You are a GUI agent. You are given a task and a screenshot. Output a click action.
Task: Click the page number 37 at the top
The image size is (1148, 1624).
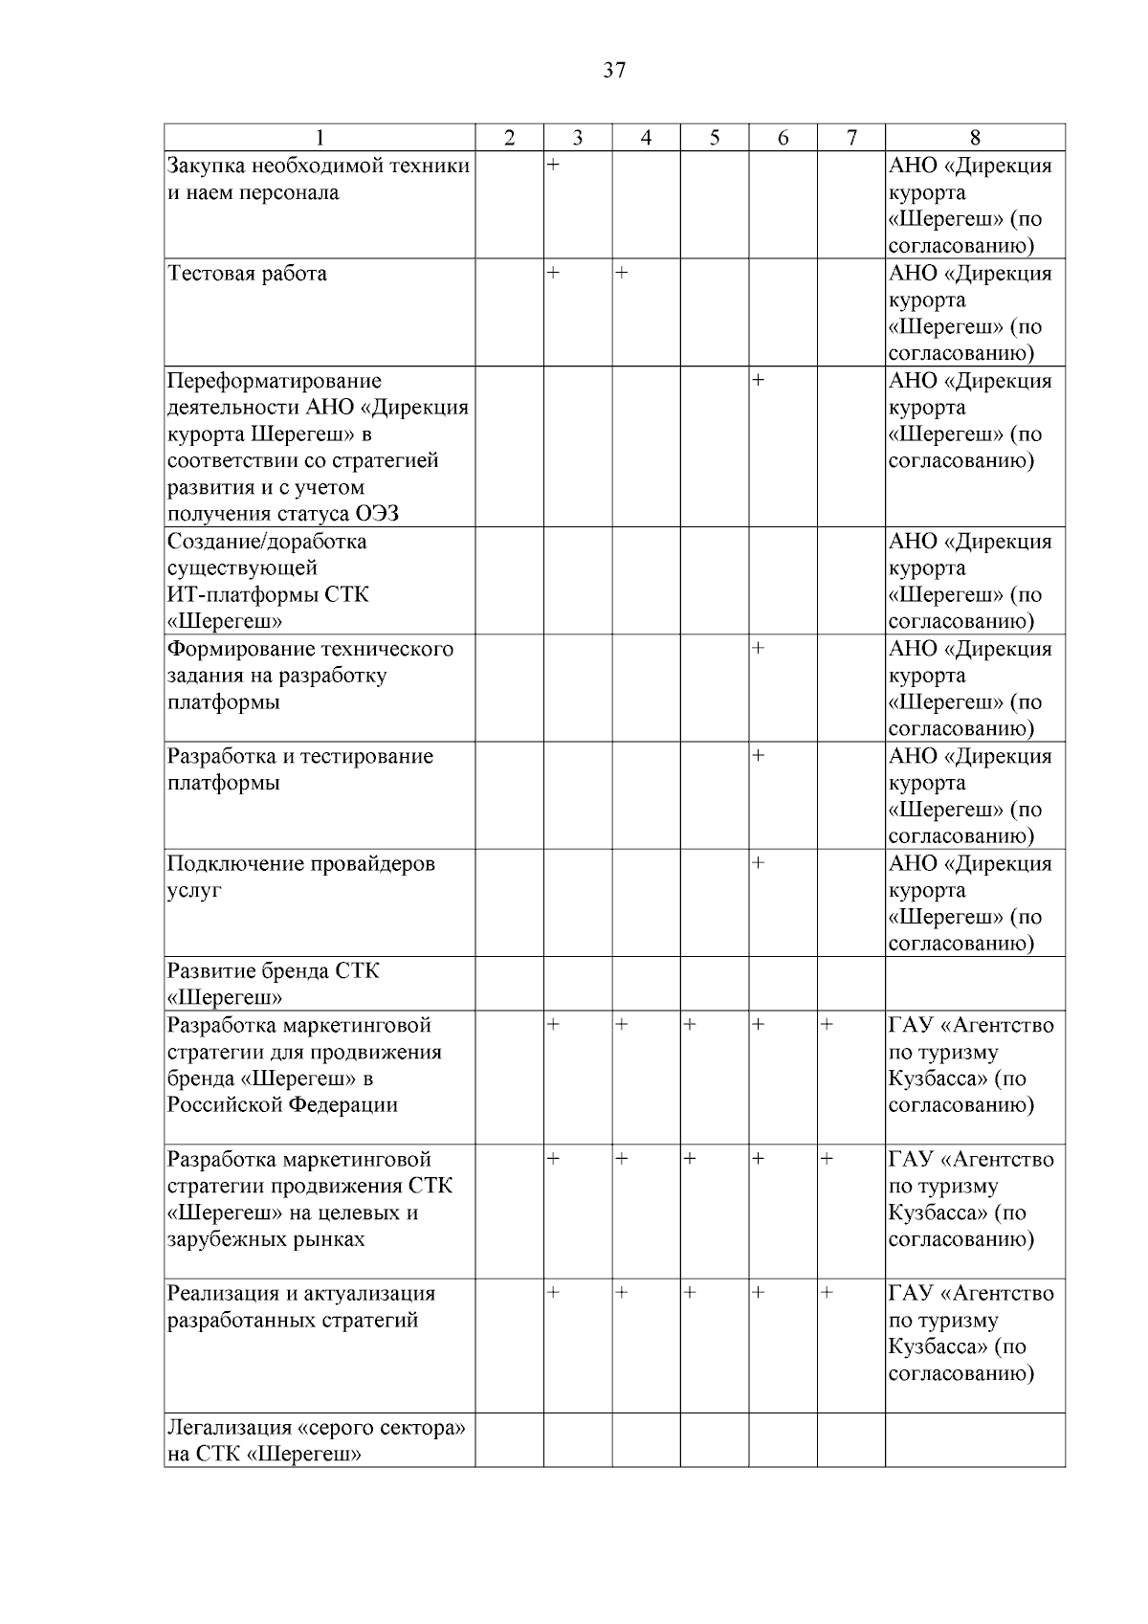(614, 70)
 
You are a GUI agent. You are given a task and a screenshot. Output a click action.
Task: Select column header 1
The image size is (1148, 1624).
(320, 138)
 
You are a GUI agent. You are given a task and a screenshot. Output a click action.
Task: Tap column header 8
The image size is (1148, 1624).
(975, 138)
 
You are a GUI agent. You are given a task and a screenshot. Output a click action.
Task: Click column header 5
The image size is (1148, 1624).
(715, 138)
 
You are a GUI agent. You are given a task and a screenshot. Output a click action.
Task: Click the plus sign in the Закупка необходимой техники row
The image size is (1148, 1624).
(553, 166)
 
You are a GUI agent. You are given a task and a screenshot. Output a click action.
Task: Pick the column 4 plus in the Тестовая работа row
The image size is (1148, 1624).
(621, 273)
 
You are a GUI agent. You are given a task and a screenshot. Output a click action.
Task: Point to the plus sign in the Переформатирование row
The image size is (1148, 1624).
(758, 380)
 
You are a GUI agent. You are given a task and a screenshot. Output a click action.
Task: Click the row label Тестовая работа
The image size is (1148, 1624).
(248, 274)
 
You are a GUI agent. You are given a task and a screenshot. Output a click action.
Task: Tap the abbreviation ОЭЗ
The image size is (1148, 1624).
(377, 514)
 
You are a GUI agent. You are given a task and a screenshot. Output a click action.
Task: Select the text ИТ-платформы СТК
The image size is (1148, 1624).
(268, 594)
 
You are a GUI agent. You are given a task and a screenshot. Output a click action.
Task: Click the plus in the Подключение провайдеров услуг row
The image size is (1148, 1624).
(758, 863)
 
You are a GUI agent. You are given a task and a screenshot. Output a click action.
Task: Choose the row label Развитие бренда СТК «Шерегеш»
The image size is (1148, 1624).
(273, 984)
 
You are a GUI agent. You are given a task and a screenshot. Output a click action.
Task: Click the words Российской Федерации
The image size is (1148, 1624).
(282, 1105)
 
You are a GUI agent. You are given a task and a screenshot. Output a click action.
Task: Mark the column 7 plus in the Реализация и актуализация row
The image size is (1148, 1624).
(827, 1293)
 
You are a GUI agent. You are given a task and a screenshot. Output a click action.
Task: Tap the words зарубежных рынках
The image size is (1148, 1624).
(267, 1239)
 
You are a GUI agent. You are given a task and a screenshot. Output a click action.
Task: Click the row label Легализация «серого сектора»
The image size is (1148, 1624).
(317, 1428)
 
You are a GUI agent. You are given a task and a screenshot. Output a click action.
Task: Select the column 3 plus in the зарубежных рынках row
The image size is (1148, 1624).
(553, 1159)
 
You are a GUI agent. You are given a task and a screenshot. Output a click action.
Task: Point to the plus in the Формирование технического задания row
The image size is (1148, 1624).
(758, 649)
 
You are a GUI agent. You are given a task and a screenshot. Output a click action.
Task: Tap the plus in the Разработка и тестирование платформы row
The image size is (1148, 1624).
(758, 756)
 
